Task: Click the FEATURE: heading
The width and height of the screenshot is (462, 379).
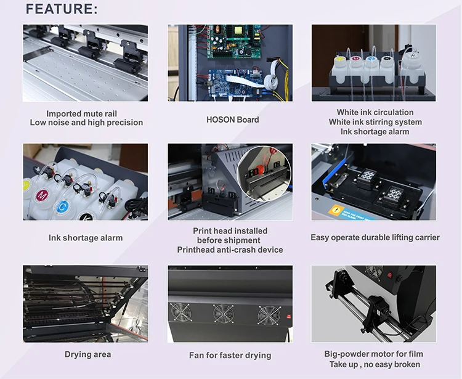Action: coord(62,9)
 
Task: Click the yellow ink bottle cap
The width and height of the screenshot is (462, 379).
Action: coord(340,59)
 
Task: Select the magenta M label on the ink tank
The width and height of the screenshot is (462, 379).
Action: coord(42,196)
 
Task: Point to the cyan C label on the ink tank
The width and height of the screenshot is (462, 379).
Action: coord(62,206)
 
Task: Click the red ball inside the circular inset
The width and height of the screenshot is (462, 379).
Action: coord(259,170)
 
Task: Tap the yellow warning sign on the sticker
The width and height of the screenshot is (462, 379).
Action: coord(336,210)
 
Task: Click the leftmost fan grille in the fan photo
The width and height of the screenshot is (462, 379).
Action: coord(181,312)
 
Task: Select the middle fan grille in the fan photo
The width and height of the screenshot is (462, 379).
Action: coord(224,314)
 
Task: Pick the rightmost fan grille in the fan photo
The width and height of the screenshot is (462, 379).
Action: coord(269,316)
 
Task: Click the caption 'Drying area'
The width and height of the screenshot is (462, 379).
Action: coord(88,354)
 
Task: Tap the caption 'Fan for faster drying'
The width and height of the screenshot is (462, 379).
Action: coord(230,355)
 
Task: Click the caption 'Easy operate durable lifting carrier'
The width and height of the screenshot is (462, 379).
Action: coord(375,237)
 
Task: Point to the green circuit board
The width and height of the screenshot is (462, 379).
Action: coord(234,41)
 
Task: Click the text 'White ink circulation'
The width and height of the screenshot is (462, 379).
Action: coord(375,112)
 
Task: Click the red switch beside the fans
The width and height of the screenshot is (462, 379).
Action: coord(289,317)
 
